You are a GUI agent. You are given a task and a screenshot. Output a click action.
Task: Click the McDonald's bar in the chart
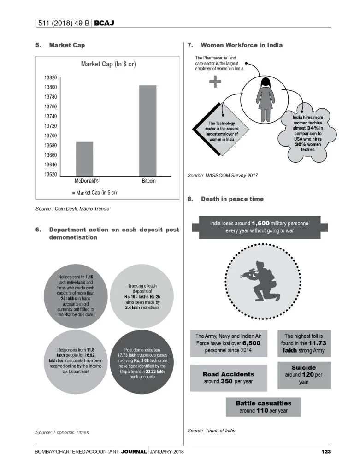click(x=84, y=158)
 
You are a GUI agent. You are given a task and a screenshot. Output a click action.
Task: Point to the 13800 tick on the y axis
click(x=51, y=87)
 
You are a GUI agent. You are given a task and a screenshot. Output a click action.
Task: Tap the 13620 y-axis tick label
click(x=51, y=174)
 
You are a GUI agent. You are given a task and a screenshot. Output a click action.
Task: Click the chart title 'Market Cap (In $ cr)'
click(x=108, y=64)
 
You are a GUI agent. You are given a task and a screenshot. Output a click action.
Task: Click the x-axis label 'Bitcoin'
click(x=149, y=181)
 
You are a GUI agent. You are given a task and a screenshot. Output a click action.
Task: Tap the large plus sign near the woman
click(x=215, y=82)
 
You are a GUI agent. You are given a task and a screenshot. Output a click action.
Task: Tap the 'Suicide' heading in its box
click(x=303, y=368)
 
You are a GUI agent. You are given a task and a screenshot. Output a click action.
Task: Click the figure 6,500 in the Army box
click(x=252, y=343)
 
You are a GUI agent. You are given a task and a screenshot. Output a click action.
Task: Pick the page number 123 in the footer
click(x=326, y=451)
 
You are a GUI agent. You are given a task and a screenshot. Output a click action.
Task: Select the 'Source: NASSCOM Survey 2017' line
click(x=223, y=176)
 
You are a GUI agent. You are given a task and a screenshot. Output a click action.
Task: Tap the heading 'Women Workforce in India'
click(x=242, y=45)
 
